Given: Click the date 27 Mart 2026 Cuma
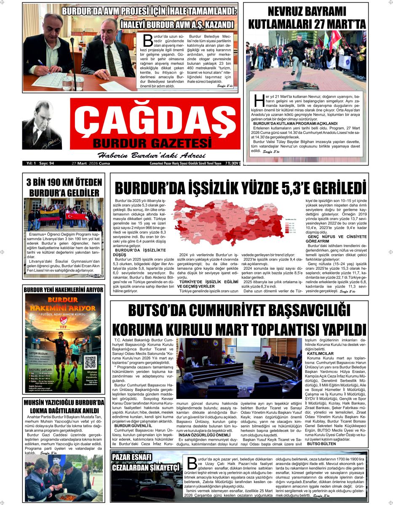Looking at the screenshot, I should click(88, 163).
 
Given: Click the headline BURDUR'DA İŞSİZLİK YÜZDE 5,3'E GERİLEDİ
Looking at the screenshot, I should click(241, 188).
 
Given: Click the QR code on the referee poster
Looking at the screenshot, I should click(91, 361).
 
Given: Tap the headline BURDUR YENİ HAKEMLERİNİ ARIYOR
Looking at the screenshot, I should click(63, 290).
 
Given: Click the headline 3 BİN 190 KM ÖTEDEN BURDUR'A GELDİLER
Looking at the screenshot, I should click(64, 188).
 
